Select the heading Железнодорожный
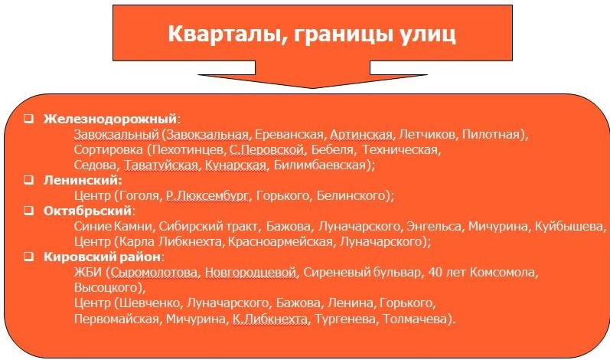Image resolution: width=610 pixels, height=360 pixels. click(110, 118)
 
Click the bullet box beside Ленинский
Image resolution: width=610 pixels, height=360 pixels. click(28, 180)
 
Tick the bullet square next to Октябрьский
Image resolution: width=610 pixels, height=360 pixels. click(28, 211)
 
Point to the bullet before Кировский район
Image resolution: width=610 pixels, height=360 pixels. click(28, 257)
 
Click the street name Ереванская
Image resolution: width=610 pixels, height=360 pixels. click(289, 134)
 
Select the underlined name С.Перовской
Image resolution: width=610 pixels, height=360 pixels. click(266, 149)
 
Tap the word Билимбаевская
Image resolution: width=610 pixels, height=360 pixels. click(319, 165)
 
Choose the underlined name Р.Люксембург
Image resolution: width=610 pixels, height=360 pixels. click(207, 195)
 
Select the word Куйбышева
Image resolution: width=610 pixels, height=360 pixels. click(569, 226)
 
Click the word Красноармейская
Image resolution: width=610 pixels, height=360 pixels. click(280, 242)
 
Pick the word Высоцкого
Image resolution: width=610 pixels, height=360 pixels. click(106, 287)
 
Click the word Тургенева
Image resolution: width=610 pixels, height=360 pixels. click(345, 319)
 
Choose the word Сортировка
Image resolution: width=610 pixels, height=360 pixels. click(109, 149)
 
